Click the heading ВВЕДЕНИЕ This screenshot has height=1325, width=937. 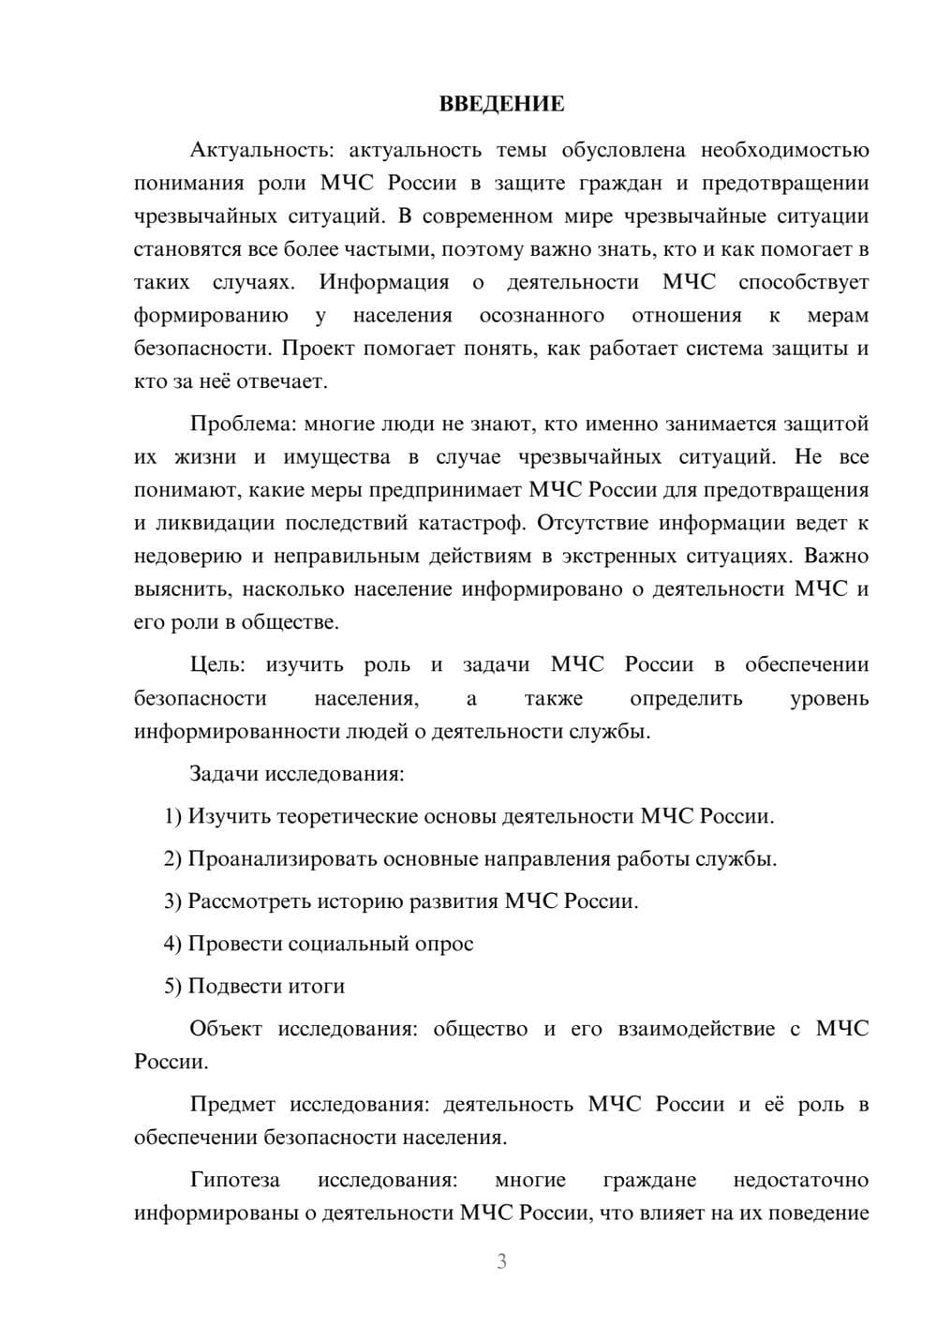coord(501,104)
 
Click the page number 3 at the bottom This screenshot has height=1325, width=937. coord(501,1261)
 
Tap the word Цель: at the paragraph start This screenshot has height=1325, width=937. coord(217,664)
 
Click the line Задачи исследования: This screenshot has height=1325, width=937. coord(296,774)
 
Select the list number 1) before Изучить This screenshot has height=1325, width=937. coord(172,816)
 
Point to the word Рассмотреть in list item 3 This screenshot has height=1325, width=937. coord(249,901)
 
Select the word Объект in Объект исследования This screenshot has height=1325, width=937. coord(226,1029)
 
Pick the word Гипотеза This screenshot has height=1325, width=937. coord(234,1180)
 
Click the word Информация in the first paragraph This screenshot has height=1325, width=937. coord(383,282)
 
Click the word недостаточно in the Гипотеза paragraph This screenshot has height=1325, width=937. coord(800,1180)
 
